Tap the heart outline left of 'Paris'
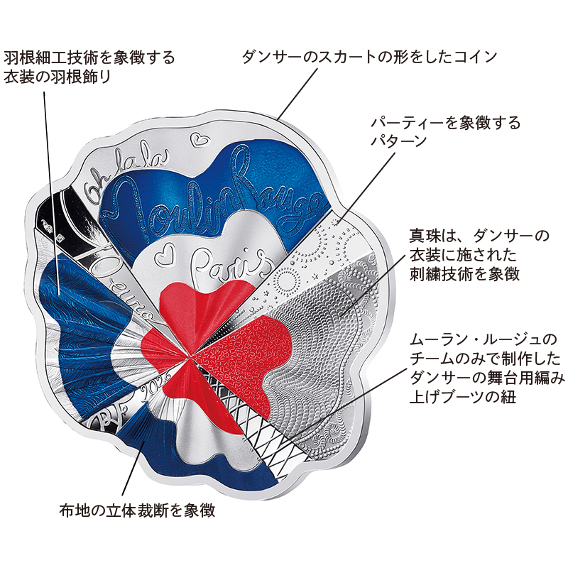[164, 256]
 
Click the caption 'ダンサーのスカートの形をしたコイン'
[369, 57]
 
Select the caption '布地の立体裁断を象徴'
[137, 510]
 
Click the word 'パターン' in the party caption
[399, 140]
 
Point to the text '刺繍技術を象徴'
[464, 273]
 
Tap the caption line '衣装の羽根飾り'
[57, 77]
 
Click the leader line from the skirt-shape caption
[297, 93]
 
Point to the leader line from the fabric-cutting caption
[133, 468]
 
